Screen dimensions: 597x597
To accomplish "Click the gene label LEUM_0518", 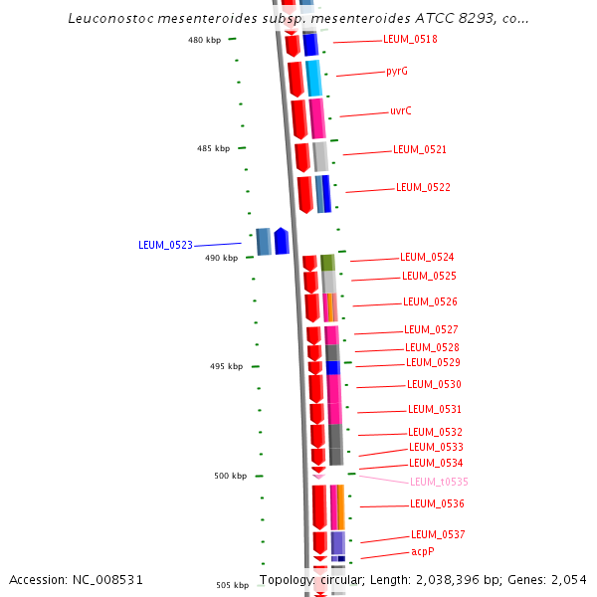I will coord(410,40).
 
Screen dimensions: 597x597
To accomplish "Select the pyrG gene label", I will coord(397,72).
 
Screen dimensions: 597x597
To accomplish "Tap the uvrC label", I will coord(401,111).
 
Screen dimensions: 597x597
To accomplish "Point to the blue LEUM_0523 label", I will coord(165,245).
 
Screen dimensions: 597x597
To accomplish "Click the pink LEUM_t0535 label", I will coord(439,482).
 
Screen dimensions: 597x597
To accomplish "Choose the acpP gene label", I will coord(423,551).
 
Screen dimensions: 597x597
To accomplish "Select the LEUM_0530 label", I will coord(434,384).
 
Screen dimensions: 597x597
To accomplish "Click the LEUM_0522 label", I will coord(423,187).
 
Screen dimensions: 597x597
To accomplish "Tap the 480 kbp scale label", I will coord(204,40).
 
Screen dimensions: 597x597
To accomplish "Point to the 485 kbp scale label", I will coord(213,148).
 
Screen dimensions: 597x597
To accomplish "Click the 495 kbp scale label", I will coord(226,366).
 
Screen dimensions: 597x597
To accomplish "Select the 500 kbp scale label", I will coord(231,476).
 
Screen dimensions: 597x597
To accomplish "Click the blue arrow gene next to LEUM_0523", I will coord(282,241).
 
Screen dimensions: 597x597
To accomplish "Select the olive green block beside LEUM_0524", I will coord(326,263).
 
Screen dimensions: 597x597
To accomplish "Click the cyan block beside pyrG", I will coord(313,78).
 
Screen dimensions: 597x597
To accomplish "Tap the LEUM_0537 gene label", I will coord(438,534).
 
